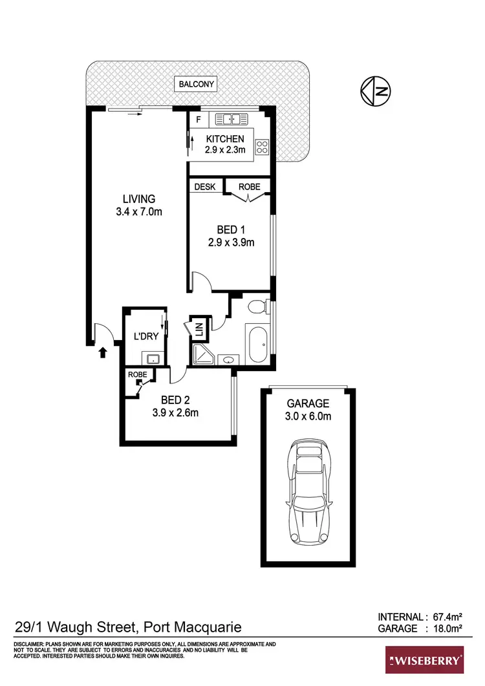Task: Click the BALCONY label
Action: [x=198, y=84]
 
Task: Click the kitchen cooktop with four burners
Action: [x=263, y=147]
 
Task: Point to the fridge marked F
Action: [x=199, y=120]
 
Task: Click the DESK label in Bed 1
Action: [x=206, y=186]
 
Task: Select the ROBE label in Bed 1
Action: [x=249, y=186]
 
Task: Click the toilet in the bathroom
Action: [x=259, y=306]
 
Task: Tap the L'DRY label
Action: [x=145, y=336]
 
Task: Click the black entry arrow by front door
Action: [x=102, y=352]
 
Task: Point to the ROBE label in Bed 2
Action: [x=136, y=374]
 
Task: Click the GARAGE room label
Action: [x=308, y=403]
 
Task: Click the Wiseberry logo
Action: [x=424, y=661]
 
